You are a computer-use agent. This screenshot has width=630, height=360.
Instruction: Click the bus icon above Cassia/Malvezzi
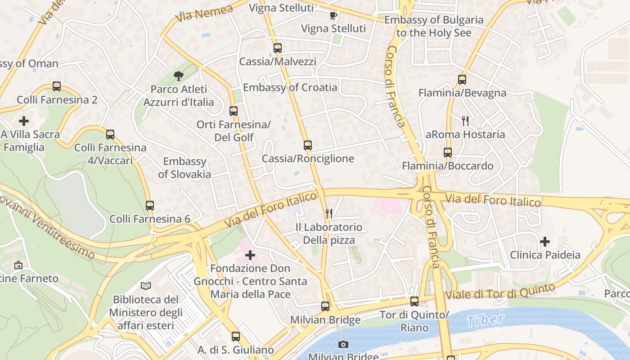click(x=278, y=48)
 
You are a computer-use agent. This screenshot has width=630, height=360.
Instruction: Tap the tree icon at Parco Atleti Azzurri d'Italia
click(x=179, y=76)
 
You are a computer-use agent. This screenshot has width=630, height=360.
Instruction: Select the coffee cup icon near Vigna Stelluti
click(x=333, y=16)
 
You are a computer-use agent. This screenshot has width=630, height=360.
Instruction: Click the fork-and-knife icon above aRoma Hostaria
click(x=465, y=121)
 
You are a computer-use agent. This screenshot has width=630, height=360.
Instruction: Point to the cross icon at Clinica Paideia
click(x=545, y=242)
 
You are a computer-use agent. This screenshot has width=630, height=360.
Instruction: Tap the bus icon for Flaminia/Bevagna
click(x=462, y=80)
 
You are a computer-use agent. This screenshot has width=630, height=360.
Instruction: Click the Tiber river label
click(x=485, y=320)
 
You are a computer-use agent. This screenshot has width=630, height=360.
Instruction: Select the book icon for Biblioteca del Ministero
click(x=146, y=286)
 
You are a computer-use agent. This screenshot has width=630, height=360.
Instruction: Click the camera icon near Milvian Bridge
click(x=343, y=345)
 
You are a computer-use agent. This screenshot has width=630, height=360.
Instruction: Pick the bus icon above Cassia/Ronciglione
click(x=308, y=145)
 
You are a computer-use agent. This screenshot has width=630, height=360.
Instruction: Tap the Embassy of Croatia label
click(x=290, y=87)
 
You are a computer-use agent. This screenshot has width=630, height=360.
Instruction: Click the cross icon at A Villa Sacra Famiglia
click(x=24, y=121)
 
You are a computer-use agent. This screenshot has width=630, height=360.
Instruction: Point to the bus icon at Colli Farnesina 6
click(x=150, y=205)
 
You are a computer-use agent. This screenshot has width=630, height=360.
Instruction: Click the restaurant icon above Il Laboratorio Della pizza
click(x=329, y=214)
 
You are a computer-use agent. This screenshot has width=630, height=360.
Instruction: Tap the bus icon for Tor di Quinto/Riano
click(x=414, y=301)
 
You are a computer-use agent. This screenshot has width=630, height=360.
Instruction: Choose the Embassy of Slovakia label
click(x=184, y=167)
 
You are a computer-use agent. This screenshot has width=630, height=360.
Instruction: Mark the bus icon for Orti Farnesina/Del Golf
click(x=234, y=111)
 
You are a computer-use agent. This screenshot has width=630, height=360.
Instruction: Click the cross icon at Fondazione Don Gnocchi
click(x=250, y=255)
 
